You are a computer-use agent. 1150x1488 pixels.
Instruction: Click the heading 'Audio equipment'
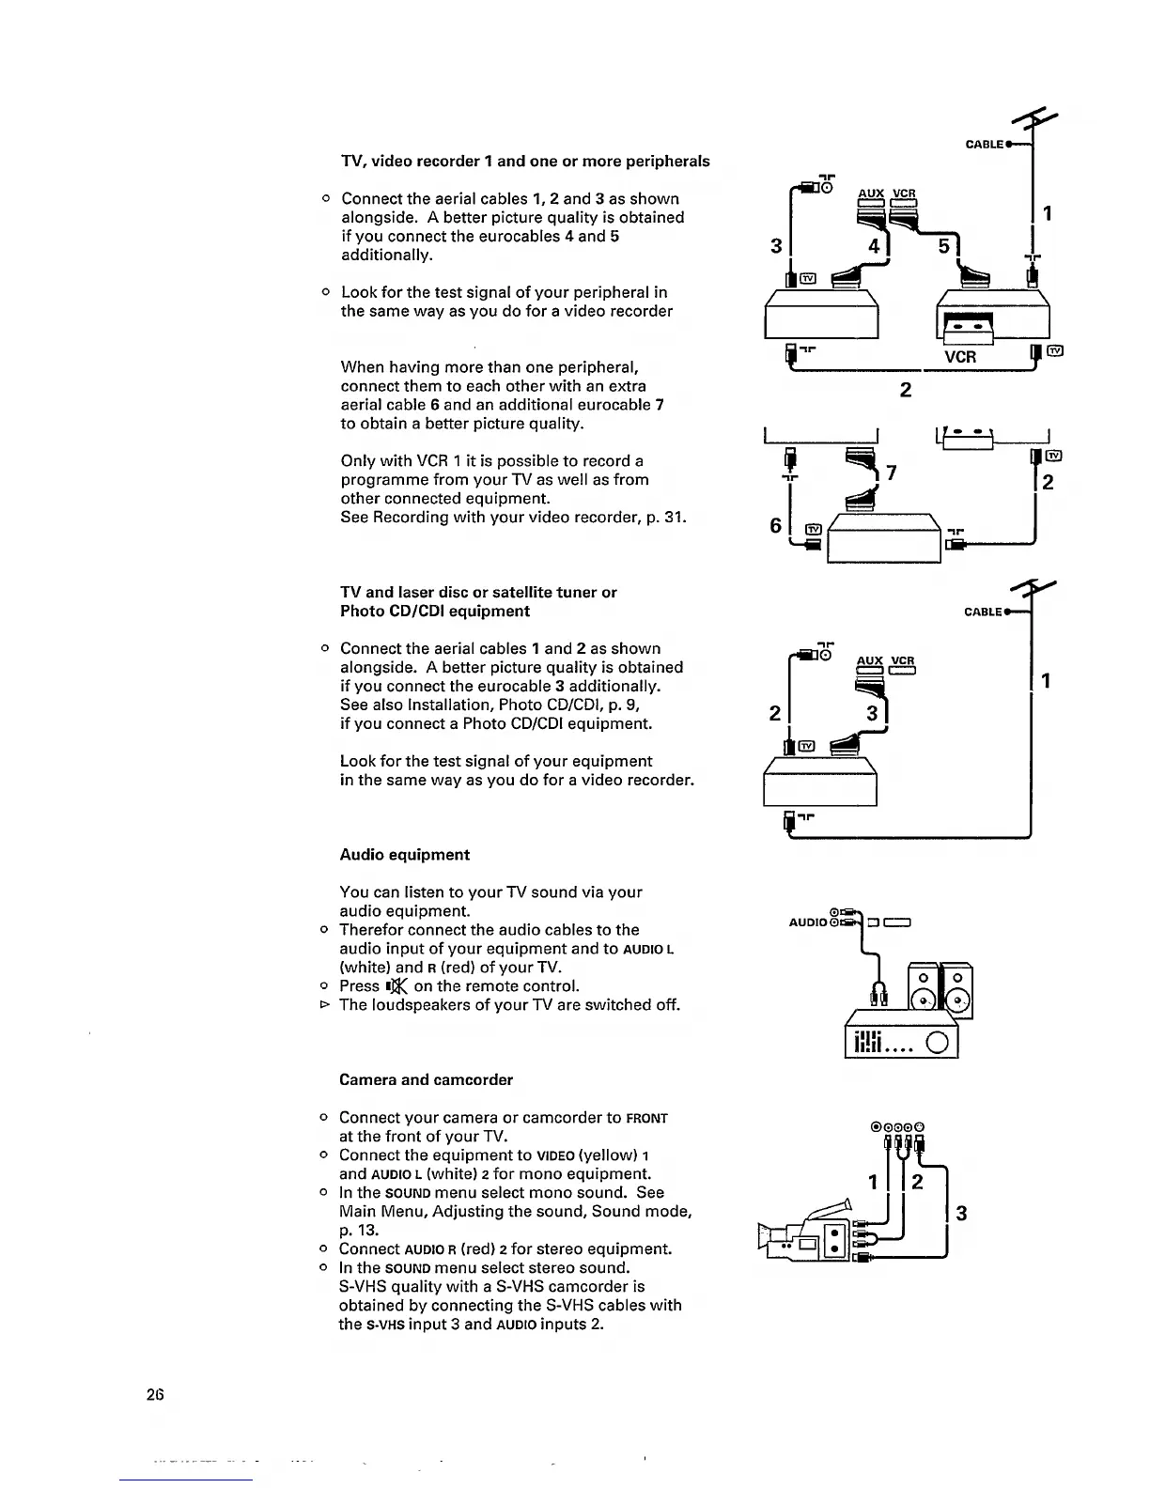pyautogui.click(x=404, y=855)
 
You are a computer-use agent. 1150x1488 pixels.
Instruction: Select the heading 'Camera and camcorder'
pyautogui.click(x=426, y=1079)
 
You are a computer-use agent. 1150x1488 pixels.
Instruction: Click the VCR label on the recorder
pyautogui.click(x=960, y=357)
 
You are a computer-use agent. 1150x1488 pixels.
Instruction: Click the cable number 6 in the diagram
pyautogui.click(x=776, y=526)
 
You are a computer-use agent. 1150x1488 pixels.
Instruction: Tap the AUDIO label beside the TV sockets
pyautogui.click(x=807, y=922)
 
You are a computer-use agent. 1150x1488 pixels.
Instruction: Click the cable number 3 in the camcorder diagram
pyautogui.click(x=960, y=1213)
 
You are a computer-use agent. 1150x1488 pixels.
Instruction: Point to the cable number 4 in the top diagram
pyautogui.click(x=873, y=247)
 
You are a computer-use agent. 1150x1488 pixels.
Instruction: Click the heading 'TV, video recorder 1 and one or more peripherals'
pyautogui.click(x=525, y=161)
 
